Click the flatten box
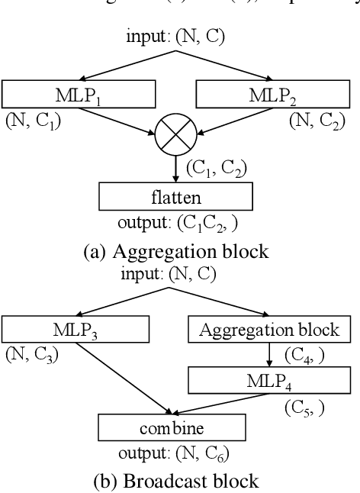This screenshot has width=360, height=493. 177,199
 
